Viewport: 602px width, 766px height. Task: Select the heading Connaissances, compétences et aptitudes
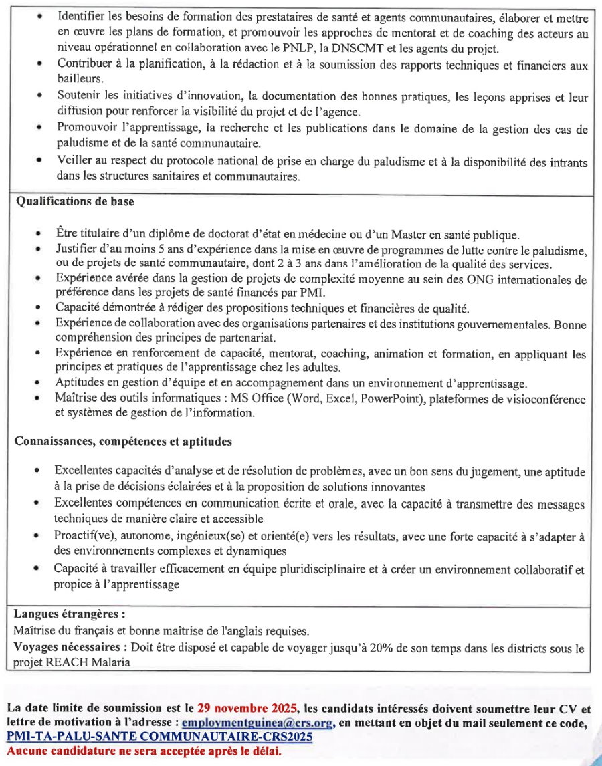[x=123, y=442]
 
